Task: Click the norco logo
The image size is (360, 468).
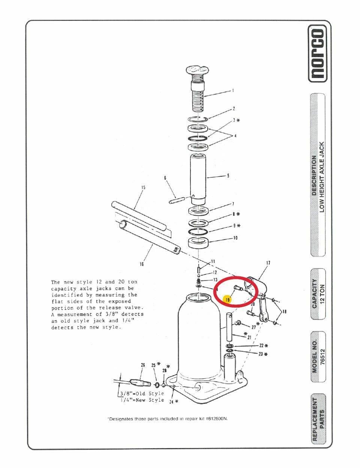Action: [x=318, y=53]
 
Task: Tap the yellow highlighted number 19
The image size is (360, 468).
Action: [x=228, y=300]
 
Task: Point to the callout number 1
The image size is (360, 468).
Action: [x=233, y=91]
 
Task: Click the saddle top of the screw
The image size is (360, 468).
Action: [x=198, y=72]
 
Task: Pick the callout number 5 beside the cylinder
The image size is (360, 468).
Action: [x=228, y=176]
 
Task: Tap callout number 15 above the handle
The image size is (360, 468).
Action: [x=143, y=187]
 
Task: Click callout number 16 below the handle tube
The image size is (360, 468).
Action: [x=142, y=264]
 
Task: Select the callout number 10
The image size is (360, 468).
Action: [x=235, y=238]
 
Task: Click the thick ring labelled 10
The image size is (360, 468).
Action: [x=198, y=243]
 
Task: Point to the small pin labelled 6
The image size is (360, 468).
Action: [x=177, y=200]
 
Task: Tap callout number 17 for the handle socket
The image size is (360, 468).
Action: [x=268, y=263]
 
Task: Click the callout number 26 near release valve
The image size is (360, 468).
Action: [x=143, y=365]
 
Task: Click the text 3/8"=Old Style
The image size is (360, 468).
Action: [x=142, y=393]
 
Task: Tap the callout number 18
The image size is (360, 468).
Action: [x=284, y=311]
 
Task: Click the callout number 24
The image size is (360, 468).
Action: [x=171, y=402]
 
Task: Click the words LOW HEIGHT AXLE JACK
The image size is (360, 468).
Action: [x=322, y=177]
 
